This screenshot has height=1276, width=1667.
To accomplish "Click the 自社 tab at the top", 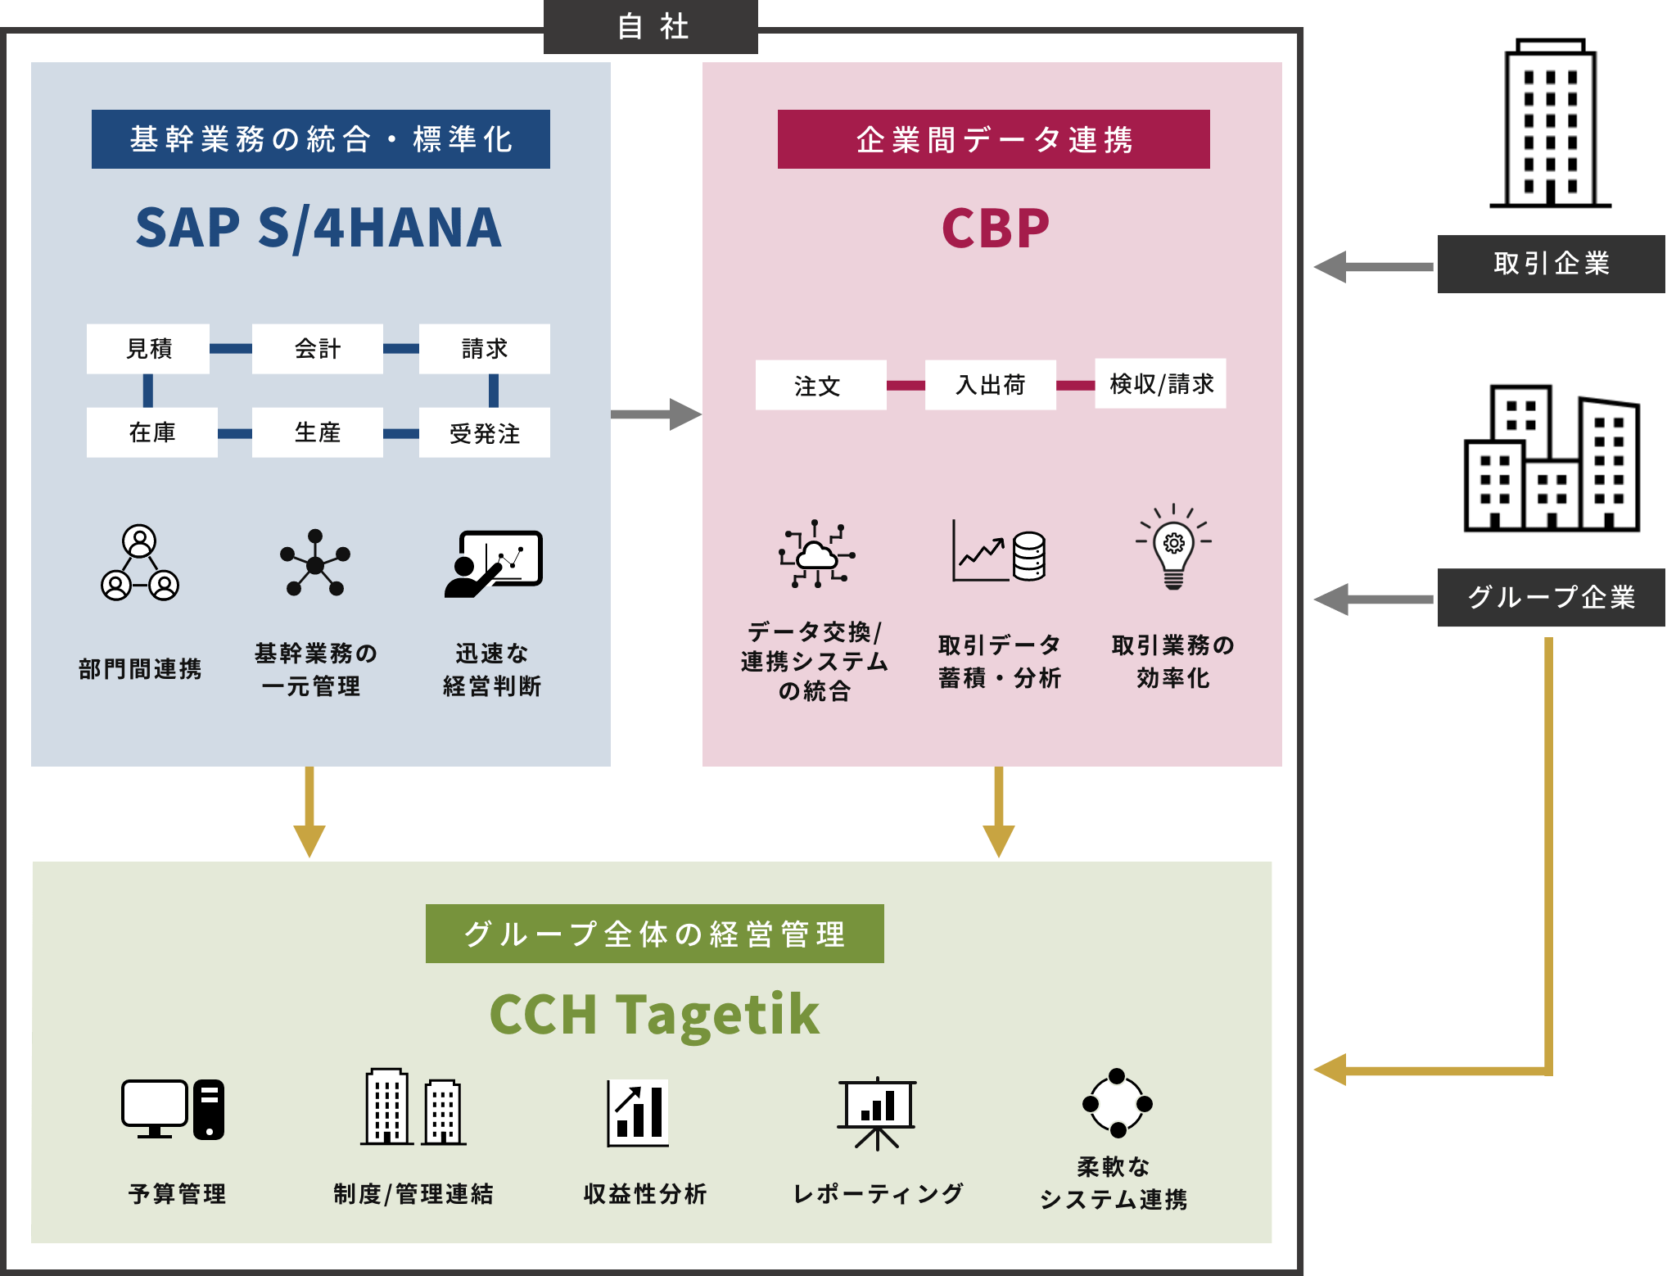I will coord(651,26).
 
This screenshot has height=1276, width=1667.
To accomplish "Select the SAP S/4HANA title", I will coord(318,228).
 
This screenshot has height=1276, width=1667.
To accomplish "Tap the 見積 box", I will coord(148,349).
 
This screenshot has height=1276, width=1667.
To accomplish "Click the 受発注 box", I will coord(484,433).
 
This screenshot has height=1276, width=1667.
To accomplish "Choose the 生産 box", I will coord(317,432).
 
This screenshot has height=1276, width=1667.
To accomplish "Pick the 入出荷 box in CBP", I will coord(990,385).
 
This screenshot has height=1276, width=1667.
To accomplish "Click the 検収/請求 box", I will coord(1160,383).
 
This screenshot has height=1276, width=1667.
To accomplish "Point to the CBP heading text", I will coord(995,229).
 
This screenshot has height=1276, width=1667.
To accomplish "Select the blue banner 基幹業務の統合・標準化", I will coord(320,139).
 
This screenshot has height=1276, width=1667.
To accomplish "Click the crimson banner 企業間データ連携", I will coord(993,139).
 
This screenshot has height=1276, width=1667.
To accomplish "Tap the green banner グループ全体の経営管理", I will coord(654,934).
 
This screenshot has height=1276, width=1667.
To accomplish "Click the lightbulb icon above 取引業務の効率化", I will coord(1173,547).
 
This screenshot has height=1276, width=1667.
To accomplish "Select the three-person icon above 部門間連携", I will coord(140,563).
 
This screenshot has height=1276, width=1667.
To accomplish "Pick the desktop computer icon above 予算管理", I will coord(173,1109).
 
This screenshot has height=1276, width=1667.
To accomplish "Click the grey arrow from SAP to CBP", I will coord(656,414).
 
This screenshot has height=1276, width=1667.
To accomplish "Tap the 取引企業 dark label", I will coord(1551,264).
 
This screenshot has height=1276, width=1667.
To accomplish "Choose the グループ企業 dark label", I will coord(1551,597).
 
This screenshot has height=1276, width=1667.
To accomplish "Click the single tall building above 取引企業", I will coord(1550,123).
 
